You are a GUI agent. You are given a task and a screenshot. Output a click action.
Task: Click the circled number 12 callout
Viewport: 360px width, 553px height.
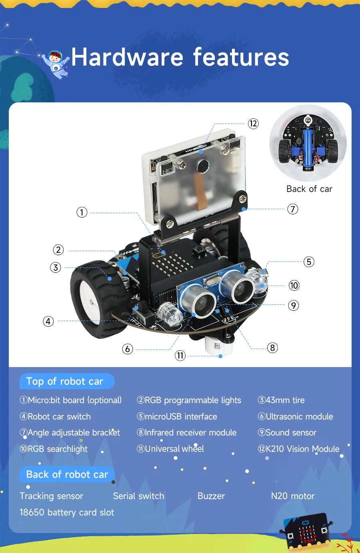click(x=253, y=124)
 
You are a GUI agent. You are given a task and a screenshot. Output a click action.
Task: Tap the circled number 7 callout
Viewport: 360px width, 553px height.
click(x=293, y=209)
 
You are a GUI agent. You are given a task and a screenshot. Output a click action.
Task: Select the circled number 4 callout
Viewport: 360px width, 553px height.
click(x=48, y=321)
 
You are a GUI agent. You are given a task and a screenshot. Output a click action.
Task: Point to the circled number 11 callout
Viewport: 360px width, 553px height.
click(x=180, y=355)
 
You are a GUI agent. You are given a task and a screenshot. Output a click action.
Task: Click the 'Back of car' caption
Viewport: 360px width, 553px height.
click(x=309, y=189)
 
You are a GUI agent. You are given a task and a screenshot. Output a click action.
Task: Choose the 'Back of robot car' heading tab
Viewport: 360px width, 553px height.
click(x=67, y=475)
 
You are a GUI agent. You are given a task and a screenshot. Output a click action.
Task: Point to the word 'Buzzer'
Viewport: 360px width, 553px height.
click(x=211, y=496)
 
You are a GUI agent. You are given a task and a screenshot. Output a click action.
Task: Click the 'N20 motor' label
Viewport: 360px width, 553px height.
click(x=293, y=496)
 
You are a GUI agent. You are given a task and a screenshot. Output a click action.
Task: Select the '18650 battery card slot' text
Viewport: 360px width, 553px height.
click(x=67, y=513)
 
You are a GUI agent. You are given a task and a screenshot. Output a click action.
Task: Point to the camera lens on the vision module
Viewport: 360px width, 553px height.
click(x=204, y=166)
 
